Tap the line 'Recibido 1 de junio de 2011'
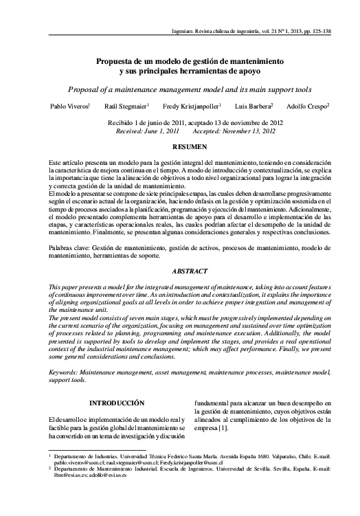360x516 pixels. click(148, 122)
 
